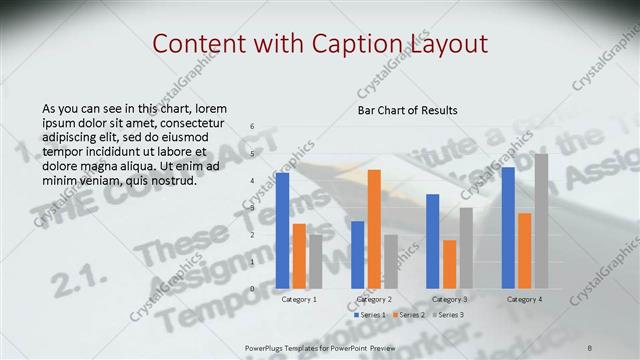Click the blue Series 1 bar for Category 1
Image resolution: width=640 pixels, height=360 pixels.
coord(283,230)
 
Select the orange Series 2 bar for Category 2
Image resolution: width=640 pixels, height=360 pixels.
coord(374,229)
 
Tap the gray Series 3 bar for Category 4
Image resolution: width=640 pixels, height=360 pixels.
coord(541,221)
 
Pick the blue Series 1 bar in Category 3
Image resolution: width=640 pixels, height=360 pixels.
coord(433,241)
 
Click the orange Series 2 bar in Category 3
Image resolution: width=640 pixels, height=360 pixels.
coord(449,264)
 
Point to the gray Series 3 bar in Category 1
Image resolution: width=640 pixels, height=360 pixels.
coord(315,261)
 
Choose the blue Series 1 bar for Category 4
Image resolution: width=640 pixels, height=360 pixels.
coord(508,227)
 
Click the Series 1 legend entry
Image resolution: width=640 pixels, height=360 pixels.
coord(372,315)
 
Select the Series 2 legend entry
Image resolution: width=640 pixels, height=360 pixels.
coord(410,315)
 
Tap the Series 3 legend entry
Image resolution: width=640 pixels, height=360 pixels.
coord(448,315)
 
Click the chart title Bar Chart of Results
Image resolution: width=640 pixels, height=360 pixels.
coord(408,110)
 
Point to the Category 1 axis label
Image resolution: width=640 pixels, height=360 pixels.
coord(299,299)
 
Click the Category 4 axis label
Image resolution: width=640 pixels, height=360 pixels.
coord(524,299)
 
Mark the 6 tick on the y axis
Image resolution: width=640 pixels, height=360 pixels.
coord(252,127)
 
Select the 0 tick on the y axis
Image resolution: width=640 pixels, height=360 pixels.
coord(252,289)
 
